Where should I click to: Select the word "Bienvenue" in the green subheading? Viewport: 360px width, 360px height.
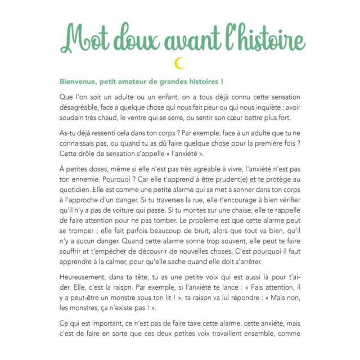point(80,81)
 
